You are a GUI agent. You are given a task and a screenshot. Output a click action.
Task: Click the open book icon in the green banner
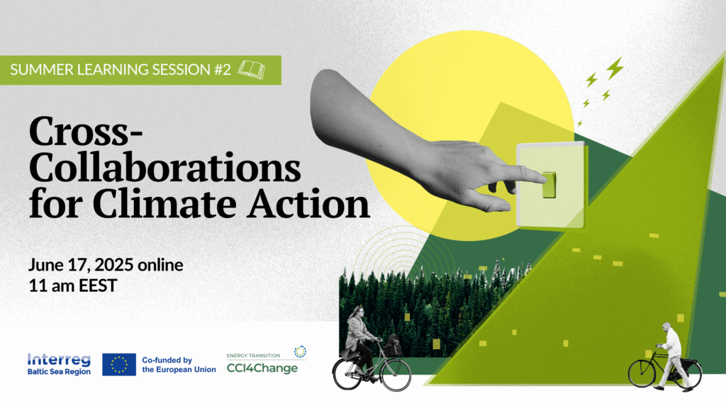[252, 69]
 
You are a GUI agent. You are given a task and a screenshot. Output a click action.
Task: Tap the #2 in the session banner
[222, 69]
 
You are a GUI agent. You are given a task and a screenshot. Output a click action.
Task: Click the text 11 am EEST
[73, 285]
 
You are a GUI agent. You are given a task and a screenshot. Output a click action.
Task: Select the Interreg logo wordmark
[59, 360]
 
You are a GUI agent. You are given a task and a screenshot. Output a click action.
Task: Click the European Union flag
[119, 365]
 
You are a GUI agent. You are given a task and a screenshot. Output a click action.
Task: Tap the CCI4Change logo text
[262, 368]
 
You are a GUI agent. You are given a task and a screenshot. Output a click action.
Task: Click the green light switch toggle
[549, 185]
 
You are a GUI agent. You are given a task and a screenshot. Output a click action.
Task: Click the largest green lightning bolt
[615, 68]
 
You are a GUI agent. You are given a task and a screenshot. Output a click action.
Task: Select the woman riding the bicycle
[359, 340]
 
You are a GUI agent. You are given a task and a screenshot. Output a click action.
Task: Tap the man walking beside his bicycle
[672, 356]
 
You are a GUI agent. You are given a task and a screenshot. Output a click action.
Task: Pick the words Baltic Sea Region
[59, 372]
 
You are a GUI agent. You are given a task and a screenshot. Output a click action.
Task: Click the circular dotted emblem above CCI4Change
[300, 351]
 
